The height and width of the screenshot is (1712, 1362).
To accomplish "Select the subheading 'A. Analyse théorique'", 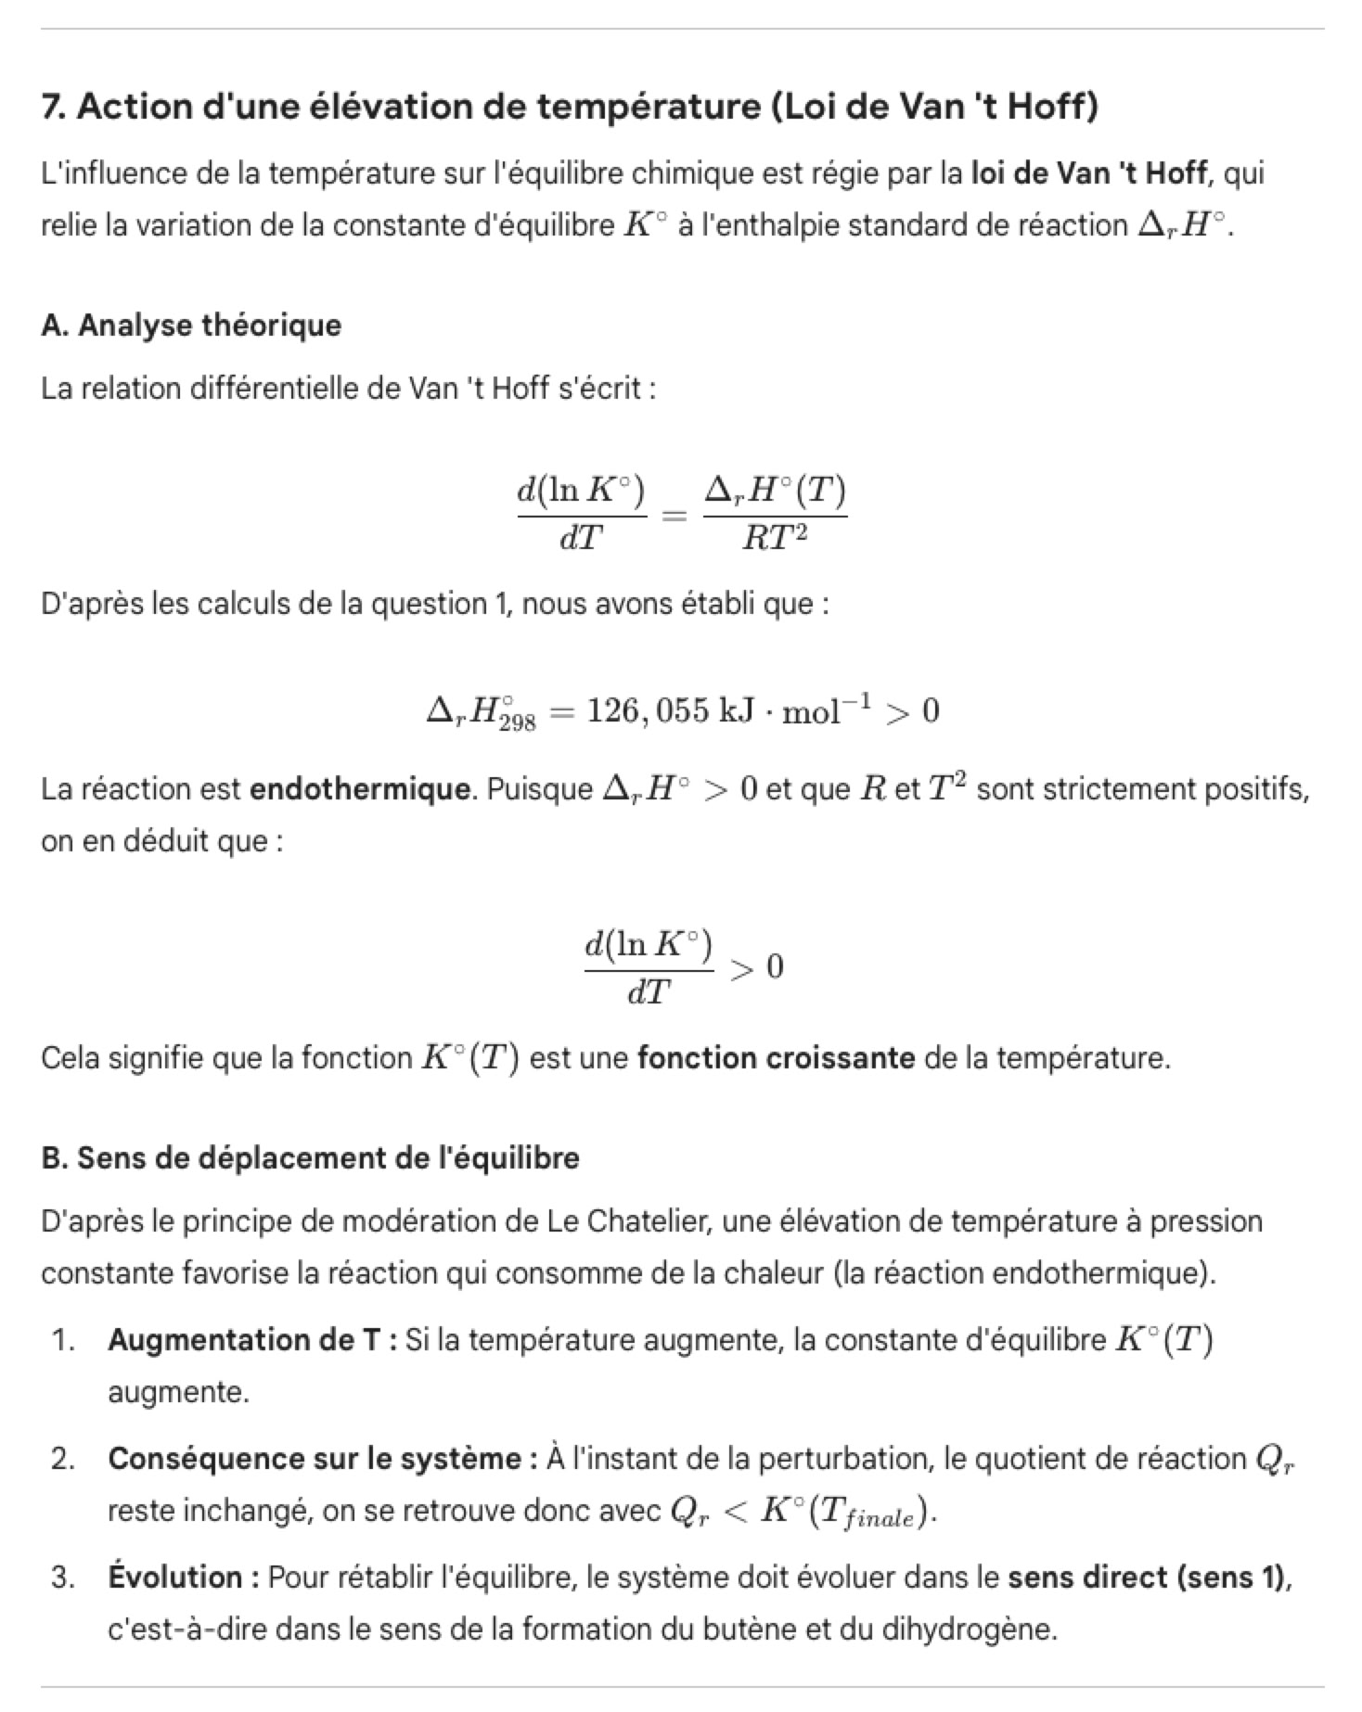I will (x=191, y=326).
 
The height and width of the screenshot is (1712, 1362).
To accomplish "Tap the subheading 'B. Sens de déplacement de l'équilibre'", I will (x=310, y=1158).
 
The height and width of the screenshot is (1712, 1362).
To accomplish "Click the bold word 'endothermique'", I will (x=360, y=789).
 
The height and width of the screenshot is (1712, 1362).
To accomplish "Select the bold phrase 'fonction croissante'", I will (x=776, y=1058).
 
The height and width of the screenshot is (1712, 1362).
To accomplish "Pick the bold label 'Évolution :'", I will (x=184, y=1578).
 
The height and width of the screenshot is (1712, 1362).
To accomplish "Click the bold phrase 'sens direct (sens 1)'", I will (x=1149, y=1578).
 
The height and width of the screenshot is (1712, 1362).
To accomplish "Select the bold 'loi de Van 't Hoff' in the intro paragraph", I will (x=1089, y=173).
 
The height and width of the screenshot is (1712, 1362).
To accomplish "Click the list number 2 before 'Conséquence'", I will (x=62, y=1459).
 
